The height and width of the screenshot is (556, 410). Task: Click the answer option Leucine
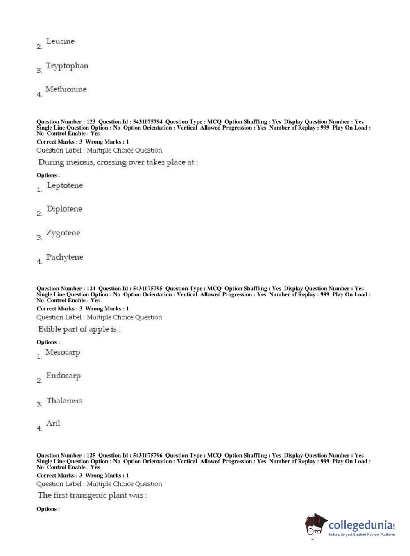60,41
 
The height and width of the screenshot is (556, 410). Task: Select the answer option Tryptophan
67,66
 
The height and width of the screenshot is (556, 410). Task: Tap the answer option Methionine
66,89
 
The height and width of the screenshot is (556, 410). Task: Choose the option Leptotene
65,185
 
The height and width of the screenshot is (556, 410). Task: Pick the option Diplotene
64,209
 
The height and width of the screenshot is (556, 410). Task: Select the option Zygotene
63,233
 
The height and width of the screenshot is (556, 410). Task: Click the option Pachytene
65,257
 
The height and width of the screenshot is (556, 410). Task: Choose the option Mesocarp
63,352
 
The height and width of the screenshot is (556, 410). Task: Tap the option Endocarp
63,376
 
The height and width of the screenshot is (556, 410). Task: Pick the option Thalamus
64,401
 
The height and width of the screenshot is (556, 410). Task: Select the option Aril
53,423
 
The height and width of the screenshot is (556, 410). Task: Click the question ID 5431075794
147,122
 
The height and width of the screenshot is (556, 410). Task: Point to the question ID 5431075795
147,289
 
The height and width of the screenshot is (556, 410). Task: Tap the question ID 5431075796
147,456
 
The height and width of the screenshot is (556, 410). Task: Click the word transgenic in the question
88,495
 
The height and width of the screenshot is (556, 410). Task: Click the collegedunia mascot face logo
315,525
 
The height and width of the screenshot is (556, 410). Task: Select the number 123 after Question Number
91,122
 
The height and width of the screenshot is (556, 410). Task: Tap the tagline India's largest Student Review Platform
362,535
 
